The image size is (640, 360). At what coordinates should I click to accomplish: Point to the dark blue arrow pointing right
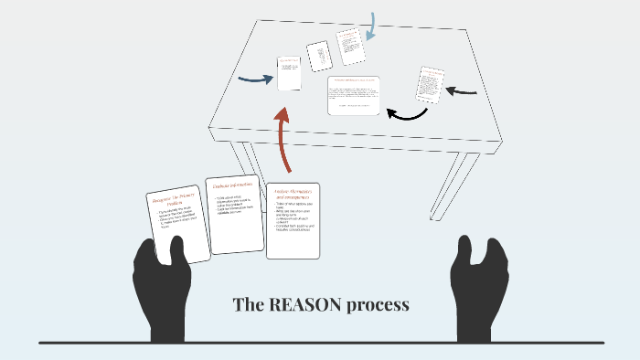click(255, 79)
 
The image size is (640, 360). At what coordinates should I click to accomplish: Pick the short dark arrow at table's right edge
click(465, 90)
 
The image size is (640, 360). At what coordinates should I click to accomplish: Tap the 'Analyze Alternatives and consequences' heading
click(293, 194)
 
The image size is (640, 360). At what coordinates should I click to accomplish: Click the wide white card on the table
click(353, 95)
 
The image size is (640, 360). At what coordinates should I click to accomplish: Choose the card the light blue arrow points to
click(349, 46)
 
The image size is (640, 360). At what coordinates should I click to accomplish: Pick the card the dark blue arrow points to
click(289, 73)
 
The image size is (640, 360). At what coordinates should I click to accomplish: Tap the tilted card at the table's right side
click(430, 83)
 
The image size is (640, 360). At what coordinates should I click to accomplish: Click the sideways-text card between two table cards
click(318, 56)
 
